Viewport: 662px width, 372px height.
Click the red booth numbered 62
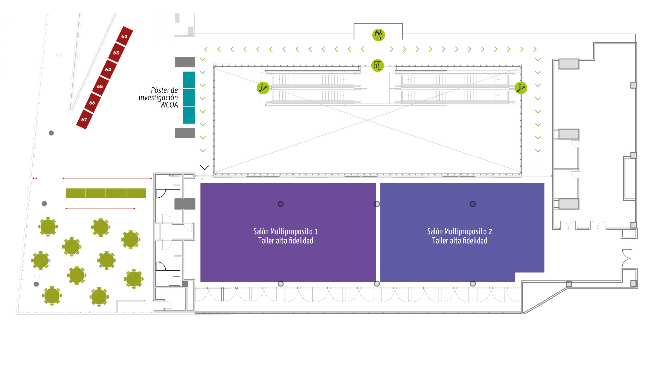pyautogui.click(x=124, y=36)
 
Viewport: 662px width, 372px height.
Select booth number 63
pyautogui.click(x=116, y=53)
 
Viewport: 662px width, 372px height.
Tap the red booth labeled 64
pyautogui.click(x=108, y=69)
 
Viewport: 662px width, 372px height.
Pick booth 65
pyautogui.click(x=100, y=86)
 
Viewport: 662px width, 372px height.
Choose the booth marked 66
pyautogui.click(x=92, y=103)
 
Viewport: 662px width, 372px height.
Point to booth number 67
pyautogui.click(x=84, y=120)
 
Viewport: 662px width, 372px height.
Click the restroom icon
pyautogui.click(x=379, y=35)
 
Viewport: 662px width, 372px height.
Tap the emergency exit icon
pyautogui.click(x=378, y=66)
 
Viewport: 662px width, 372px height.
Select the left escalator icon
pyautogui.click(x=263, y=88)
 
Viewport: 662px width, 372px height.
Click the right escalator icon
pyautogui.click(x=521, y=88)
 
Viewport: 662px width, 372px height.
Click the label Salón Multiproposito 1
pyautogui.click(x=285, y=231)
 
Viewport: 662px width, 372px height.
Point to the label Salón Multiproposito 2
pyautogui.click(x=460, y=231)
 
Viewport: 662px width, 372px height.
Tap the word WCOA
pyautogui.click(x=169, y=105)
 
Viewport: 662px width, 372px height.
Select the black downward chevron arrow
pyautogui.click(x=205, y=168)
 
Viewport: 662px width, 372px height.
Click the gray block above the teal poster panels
pyautogui.click(x=185, y=62)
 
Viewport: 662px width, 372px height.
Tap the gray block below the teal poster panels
pyautogui.click(x=185, y=133)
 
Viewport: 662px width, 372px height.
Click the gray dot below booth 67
pyautogui.click(x=51, y=133)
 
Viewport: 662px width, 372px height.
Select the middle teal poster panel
pyautogui.click(x=189, y=97)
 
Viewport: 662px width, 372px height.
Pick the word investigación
pyautogui.click(x=158, y=98)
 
